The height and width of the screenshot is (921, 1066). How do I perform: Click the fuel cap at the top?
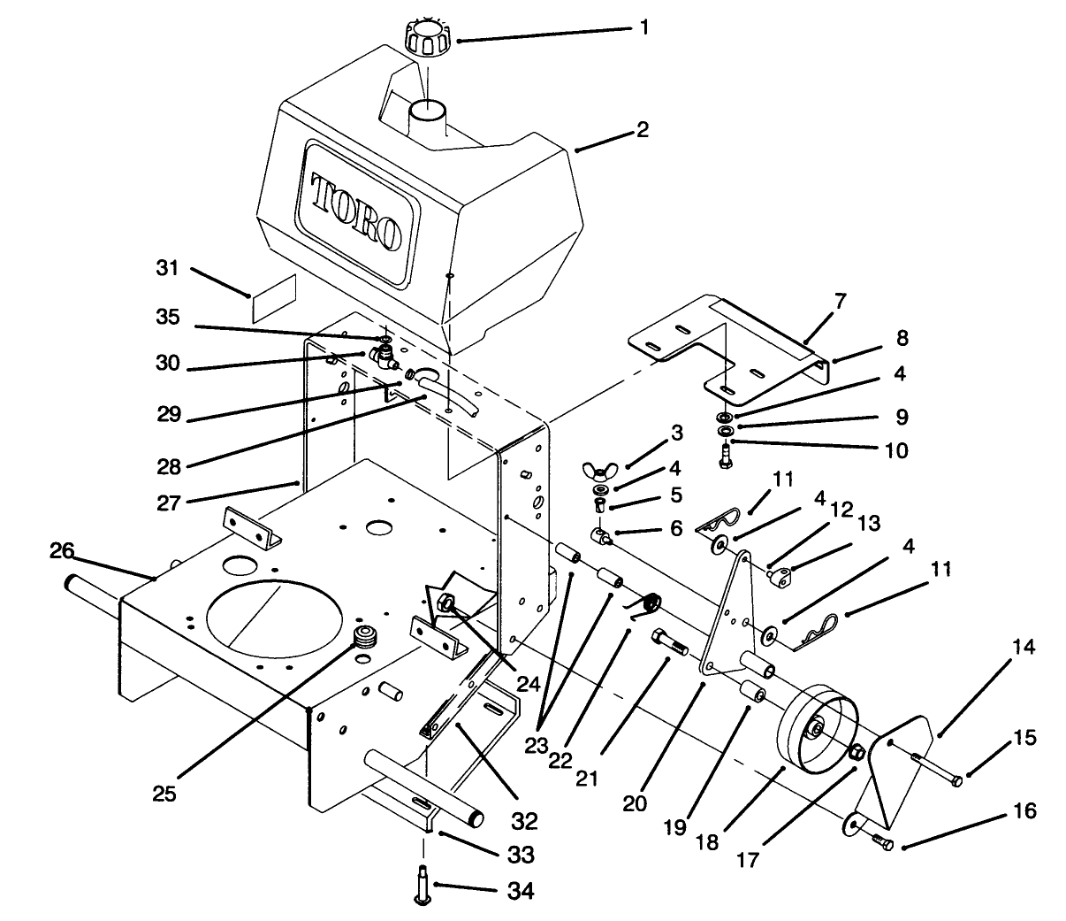click(427, 36)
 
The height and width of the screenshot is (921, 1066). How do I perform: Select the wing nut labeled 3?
click(598, 469)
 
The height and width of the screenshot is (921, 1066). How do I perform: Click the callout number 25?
click(164, 793)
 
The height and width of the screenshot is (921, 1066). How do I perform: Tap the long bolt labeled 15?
click(937, 768)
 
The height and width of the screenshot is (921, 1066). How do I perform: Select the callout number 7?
click(839, 301)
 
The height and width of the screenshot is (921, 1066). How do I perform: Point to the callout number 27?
click(169, 503)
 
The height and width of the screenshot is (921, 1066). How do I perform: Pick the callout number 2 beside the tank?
click(642, 130)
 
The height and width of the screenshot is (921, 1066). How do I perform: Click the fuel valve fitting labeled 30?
click(385, 357)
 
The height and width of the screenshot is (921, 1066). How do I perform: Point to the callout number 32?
click(524, 822)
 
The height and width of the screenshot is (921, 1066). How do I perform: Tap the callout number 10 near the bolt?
click(895, 451)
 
